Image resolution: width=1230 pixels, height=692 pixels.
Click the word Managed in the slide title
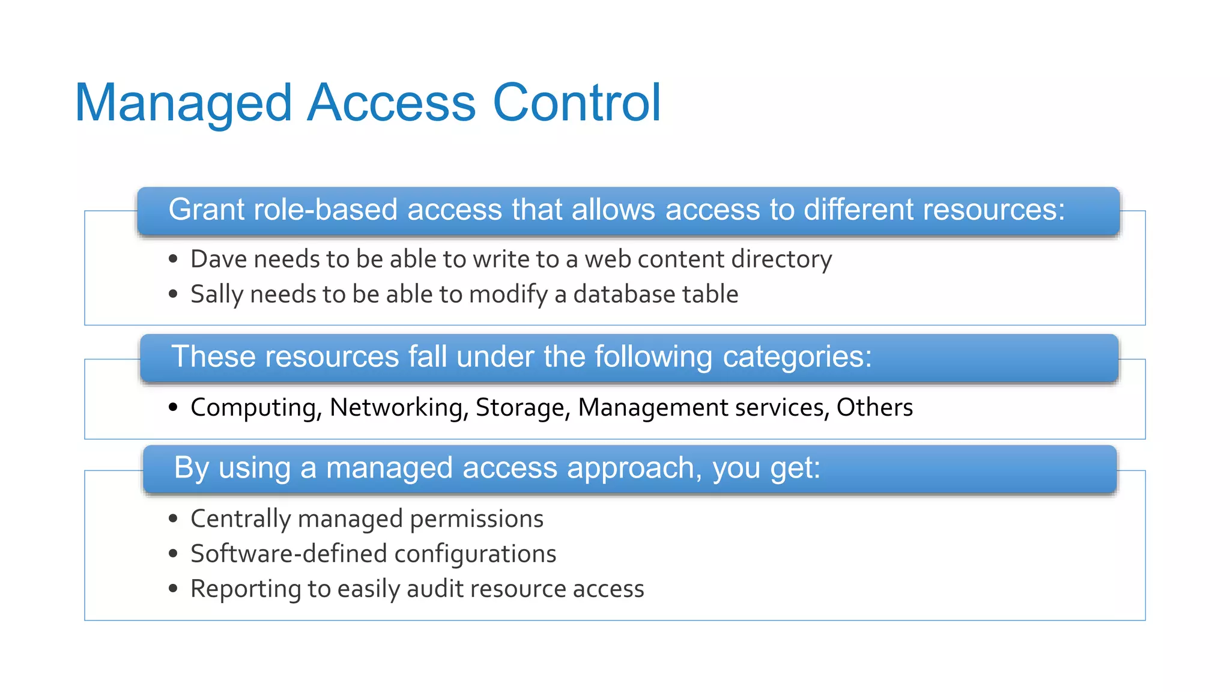tap(183, 103)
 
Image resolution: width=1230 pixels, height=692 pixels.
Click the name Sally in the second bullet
tap(216, 295)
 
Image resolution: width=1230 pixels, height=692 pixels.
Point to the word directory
tap(781, 259)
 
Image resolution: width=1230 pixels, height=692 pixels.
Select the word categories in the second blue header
tap(797, 357)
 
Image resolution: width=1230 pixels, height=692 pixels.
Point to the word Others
tap(874, 408)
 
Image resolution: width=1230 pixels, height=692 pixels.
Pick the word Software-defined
tap(288, 554)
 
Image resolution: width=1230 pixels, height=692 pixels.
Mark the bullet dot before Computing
tap(174, 407)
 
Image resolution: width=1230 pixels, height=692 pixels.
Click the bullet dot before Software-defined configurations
tap(174, 554)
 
